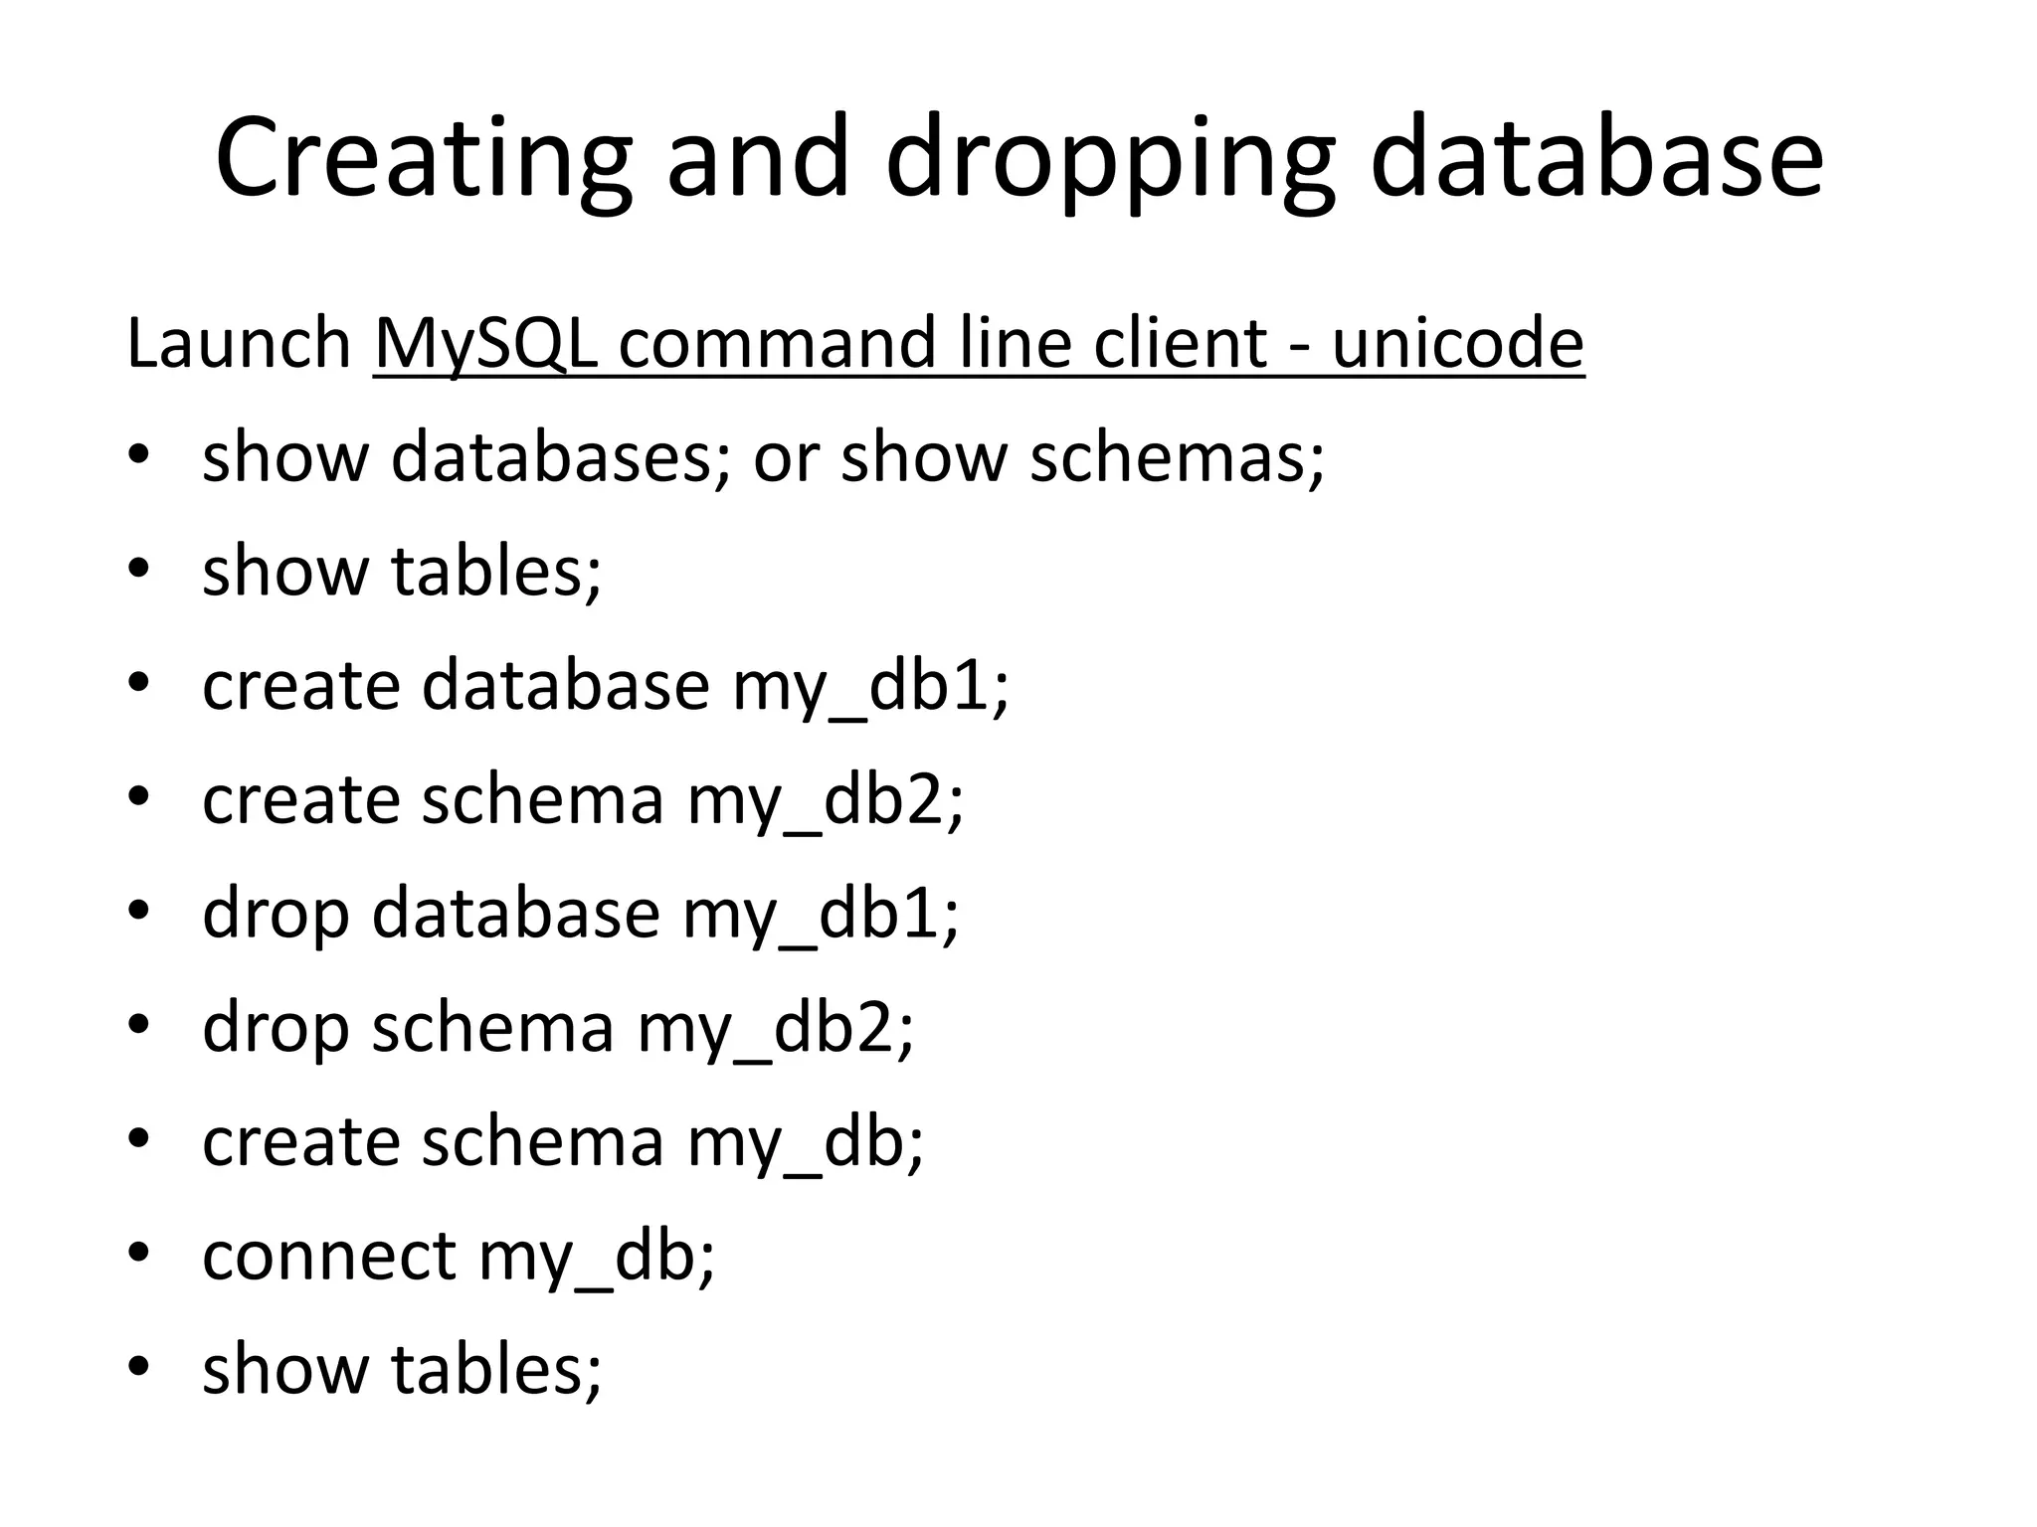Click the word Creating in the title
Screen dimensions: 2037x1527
click(x=423, y=159)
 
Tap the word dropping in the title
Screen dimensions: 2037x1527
click(x=1109, y=159)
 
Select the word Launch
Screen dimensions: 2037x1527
click(x=239, y=343)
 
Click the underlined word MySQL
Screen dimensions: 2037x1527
click(x=486, y=343)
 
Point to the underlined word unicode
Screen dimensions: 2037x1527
click(x=1457, y=343)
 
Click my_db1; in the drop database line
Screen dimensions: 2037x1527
click(x=821, y=914)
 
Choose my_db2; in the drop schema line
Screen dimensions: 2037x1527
click(x=775, y=1027)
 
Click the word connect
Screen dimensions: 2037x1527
click(x=329, y=1256)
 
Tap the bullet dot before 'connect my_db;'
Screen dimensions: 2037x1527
click(x=138, y=1254)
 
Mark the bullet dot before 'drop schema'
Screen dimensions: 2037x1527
click(x=138, y=1025)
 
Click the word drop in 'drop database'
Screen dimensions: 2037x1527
click(x=276, y=914)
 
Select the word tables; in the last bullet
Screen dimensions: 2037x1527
click(x=496, y=1369)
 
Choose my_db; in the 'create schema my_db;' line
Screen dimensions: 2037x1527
click(x=806, y=1141)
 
